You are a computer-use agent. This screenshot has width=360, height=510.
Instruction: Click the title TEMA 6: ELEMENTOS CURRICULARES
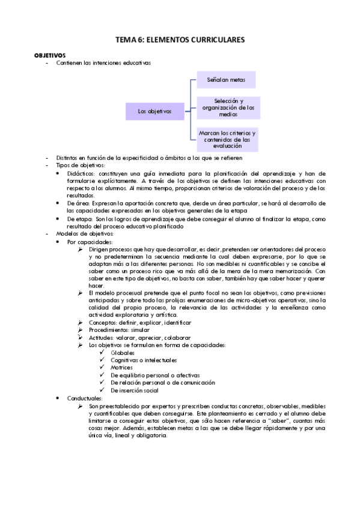tap(180, 40)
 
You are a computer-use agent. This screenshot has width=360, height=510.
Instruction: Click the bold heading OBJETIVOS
tap(50, 54)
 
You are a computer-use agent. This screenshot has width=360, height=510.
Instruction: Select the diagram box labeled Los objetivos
tap(154, 111)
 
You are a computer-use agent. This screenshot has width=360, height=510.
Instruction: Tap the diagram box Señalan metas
tap(226, 79)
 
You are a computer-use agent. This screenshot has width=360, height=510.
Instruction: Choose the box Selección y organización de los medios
tap(228, 108)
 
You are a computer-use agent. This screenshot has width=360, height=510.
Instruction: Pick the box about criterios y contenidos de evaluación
tap(227, 139)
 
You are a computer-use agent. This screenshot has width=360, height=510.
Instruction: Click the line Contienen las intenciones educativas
tap(103, 62)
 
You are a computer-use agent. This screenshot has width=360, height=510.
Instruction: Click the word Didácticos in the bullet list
tap(81, 173)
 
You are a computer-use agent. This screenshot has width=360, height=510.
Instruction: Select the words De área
tap(78, 203)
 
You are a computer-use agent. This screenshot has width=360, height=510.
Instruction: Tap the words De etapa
tap(79, 219)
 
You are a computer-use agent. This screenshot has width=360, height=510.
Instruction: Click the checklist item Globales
tap(122, 352)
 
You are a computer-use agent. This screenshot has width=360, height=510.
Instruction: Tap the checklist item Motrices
tap(122, 367)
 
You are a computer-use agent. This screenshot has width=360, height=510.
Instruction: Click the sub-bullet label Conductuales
tap(85, 398)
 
